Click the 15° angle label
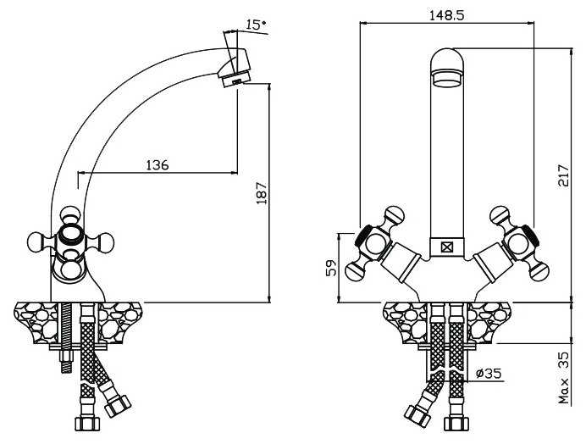pos(256,25)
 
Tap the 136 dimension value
pos(158,164)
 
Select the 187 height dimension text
pos(262,193)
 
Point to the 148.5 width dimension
pos(446,15)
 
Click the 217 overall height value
pos(563,175)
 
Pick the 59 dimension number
pos(331,269)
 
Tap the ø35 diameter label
pos(489,373)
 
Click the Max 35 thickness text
pos(564,378)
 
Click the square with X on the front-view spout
pos(446,247)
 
